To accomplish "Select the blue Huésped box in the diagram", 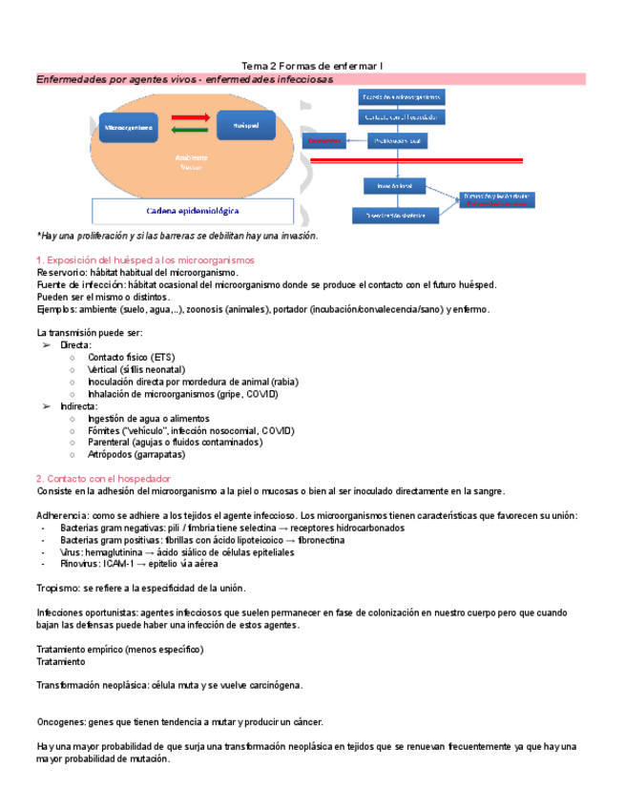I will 245,125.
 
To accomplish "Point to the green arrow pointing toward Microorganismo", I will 191,131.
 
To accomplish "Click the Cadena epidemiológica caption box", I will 193,210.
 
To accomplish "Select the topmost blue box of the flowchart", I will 401,97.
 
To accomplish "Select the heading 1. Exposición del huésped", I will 144,260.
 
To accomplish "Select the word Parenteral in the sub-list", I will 112,443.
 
